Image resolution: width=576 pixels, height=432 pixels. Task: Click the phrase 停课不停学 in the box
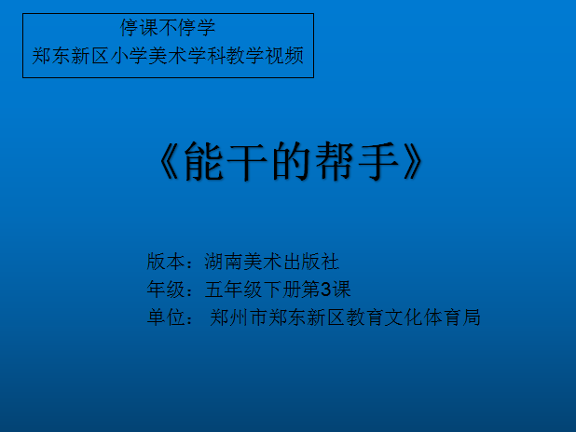(168, 28)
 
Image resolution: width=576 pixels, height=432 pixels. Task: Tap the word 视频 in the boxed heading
(284, 56)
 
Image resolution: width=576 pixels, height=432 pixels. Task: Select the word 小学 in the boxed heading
(129, 56)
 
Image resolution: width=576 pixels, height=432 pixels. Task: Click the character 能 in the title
(204, 161)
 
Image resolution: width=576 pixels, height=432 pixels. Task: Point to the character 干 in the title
(247, 161)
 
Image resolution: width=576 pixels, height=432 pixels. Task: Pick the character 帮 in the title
(335, 161)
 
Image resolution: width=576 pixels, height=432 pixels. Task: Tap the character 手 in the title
(378, 161)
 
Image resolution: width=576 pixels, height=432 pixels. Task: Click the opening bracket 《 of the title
(169, 161)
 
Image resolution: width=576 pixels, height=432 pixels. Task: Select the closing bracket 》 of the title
(413, 161)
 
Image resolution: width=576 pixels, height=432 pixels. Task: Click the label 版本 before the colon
(166, 262)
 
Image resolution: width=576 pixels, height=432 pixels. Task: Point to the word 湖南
(224, 262)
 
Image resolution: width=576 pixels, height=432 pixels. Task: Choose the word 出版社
(310, 262)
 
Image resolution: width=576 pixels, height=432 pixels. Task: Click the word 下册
(281, 290)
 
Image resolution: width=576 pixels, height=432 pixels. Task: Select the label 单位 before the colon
(166, 317)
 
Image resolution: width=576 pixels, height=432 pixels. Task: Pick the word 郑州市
(239, 317)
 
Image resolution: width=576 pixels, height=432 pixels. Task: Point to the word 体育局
(451, 317)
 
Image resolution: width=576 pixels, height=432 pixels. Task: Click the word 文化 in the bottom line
(403, 317)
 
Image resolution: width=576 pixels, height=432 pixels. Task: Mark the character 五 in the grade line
(214, 290)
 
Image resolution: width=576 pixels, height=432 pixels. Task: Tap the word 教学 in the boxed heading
(246, 56)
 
